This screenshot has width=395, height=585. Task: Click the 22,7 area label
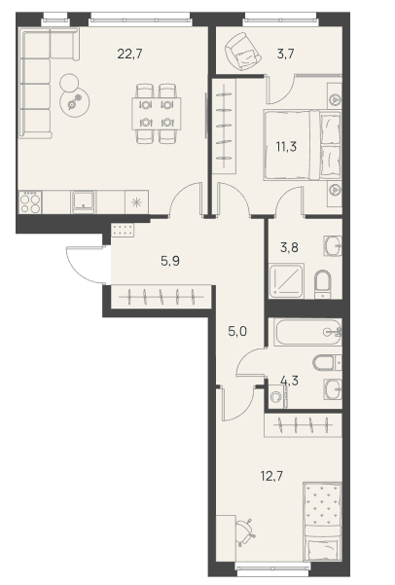pos(129,55)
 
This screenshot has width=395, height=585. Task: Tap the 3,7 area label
pos(286,55)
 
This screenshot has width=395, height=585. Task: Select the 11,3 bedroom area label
pos(286,147)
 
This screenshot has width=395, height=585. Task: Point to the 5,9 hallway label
pos(170,261)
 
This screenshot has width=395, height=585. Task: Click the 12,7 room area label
pos(271,476)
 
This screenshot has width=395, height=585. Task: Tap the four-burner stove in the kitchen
pos(30,202)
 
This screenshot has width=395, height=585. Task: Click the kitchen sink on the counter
pos(84,202)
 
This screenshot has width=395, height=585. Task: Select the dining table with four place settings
pos(157,114)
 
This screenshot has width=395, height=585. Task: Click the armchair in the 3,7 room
pos(242,52)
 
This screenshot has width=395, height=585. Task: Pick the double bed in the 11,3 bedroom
pos(303,145)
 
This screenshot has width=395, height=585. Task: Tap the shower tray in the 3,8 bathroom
pos(286,281)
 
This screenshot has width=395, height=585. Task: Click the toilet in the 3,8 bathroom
pos(323,284)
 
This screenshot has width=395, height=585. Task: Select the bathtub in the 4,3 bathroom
pos(307,332)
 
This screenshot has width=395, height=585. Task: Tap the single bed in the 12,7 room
pos(323,521)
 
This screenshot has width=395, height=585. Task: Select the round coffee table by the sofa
pos(75,101)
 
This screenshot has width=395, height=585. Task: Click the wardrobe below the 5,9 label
pos(162,297)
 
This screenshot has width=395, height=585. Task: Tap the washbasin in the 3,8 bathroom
pos(333,246)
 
